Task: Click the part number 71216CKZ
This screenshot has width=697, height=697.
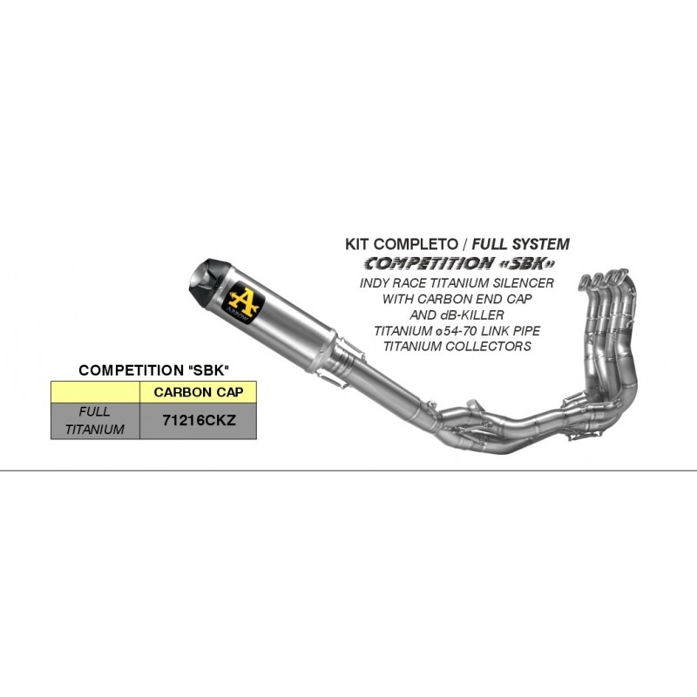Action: [x=199, y=420]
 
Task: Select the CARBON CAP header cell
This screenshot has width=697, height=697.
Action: [x=199, y=392]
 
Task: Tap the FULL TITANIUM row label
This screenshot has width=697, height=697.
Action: [x=95, y=421]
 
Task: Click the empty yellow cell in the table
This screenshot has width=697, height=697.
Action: [x=96, y=392]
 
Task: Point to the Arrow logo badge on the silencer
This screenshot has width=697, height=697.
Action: [x=244, y=301]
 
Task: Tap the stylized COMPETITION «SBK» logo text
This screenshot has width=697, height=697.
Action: [x=460, y=264]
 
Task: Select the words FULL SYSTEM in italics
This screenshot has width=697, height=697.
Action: [x=520, y=244]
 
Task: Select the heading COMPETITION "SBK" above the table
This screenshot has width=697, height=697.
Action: [x=153, y=370]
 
